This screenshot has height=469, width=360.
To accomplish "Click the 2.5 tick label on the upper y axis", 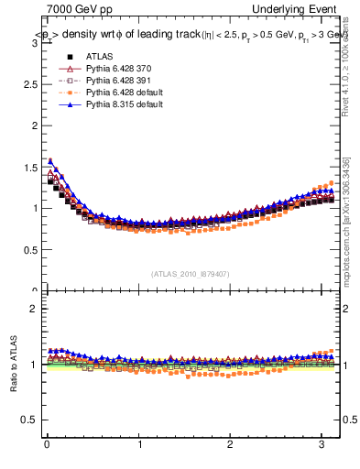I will [33, 125].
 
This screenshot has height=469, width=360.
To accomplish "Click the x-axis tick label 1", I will [139, 445].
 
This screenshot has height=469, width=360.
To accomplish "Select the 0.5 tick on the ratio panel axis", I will [33, 420].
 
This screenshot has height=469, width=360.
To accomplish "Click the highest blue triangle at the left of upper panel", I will [50, 161].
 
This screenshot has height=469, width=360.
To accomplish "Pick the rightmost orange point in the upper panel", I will [333, 181].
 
